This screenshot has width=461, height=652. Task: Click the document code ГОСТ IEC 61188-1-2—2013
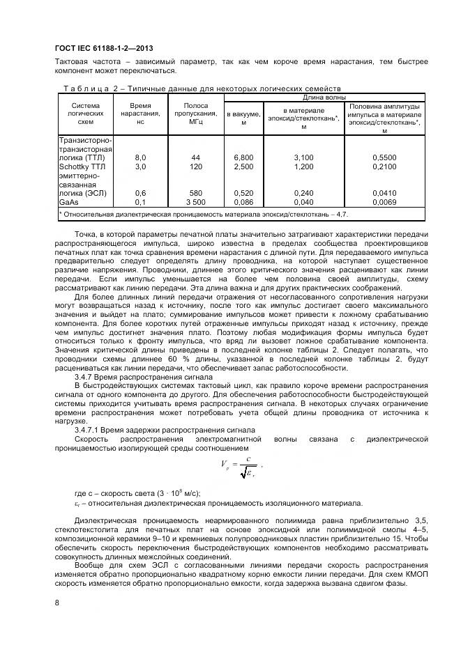[x=99, y=48]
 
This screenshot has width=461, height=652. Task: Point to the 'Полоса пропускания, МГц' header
[x=195, y=114]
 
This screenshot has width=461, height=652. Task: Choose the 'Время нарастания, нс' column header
[x=140, y=114]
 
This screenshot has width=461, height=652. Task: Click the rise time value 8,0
[x=139, y=158]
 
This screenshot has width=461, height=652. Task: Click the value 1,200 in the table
[x=303, y=167]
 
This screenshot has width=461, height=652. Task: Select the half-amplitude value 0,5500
[x=385, y=158]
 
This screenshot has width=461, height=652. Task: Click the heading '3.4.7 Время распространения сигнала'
[x=133, y=376]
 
